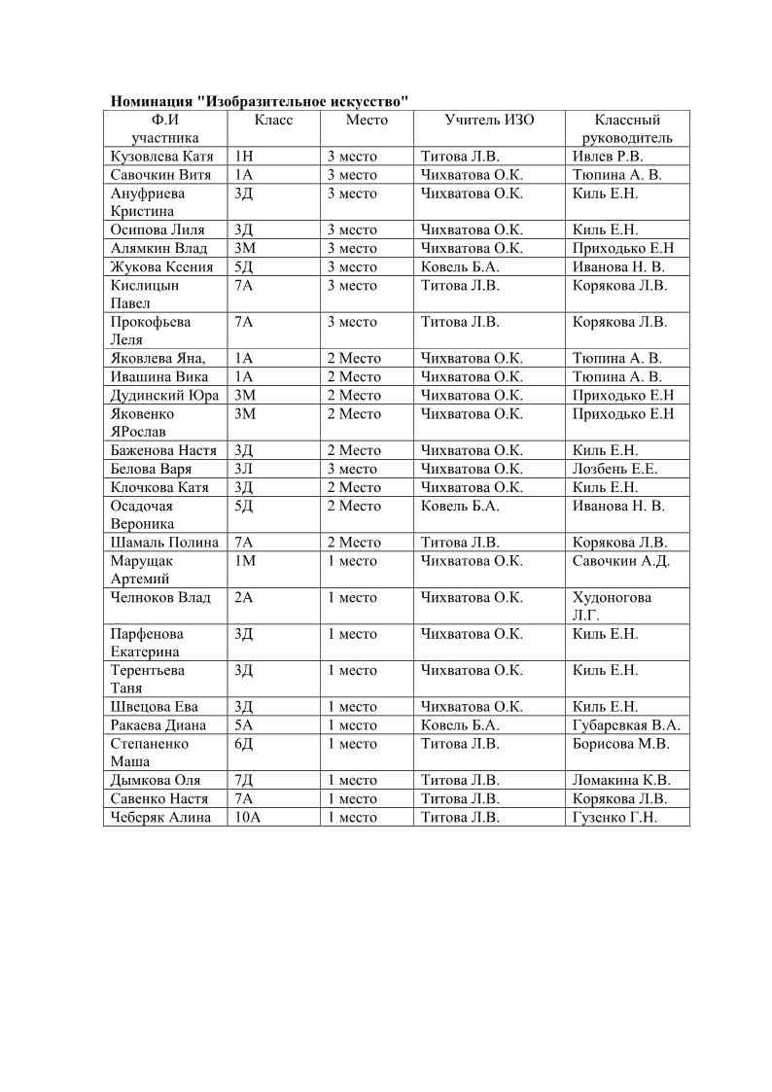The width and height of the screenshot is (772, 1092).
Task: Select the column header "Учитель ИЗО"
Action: click(x=489, y=120)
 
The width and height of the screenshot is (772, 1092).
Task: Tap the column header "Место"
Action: click(x=367, y=120)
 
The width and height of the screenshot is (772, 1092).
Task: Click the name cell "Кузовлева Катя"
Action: click(x=161, y=157)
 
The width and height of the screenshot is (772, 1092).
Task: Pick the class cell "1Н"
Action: click(x=244, y=157)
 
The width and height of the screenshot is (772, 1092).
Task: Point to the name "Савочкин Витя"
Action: click(x=161, y=175)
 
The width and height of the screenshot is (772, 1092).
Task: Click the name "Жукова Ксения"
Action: click(x=160, y=266)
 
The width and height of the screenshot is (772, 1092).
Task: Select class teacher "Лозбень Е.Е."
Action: click(x=615, y=469)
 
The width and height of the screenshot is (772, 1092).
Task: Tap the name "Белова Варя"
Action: click(x=152, y=469)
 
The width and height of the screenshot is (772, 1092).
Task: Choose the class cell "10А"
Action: click(x=248, y=817)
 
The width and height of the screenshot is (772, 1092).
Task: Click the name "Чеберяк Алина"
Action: click(x=160, y=817)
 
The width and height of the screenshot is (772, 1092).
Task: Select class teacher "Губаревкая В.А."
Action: click(x=627, y=724)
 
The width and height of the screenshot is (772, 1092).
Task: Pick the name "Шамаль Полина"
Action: click(x=164, y=542)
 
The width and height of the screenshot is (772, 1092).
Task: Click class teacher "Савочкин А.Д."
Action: click(x=621, y=560)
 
